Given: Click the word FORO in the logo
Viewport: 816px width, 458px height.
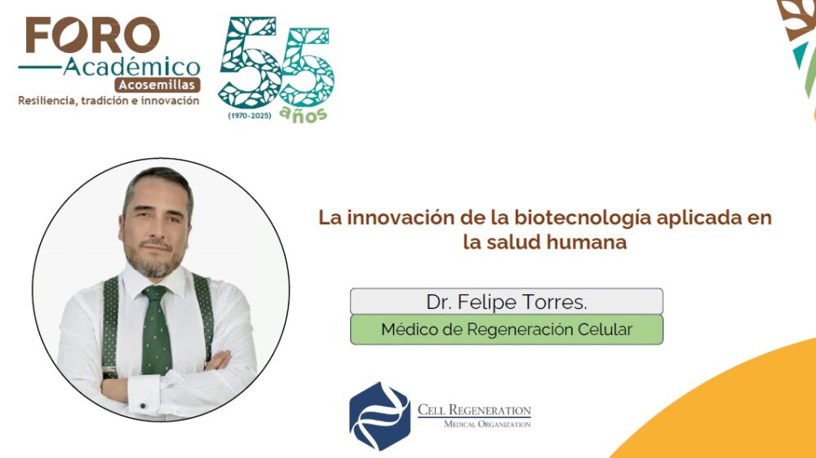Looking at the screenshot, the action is pos(93,35).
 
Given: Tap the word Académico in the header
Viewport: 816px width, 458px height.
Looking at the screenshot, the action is pos(131,67).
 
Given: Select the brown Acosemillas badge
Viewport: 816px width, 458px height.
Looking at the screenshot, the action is pos(157,85).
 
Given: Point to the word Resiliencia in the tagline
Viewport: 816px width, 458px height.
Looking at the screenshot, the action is pos(47,101).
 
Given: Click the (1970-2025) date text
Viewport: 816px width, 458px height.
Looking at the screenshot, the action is pos(250,116).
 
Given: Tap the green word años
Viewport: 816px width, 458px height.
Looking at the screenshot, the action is pos(304,115).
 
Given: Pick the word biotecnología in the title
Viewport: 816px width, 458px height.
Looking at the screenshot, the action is pos(583,218).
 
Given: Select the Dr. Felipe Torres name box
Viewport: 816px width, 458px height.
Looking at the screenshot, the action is pos(507,302).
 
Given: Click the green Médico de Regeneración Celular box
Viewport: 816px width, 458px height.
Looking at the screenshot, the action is pos(507,329).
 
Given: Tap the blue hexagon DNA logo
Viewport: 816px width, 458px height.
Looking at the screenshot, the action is pos(380,416).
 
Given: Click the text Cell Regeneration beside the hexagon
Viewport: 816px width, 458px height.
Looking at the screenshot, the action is pos(474,410).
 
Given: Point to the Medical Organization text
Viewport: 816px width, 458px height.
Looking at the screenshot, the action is pos(487,425).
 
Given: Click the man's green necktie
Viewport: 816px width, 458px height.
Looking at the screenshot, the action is pos(156,329).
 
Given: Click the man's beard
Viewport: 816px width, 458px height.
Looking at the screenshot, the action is pos(154,260).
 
